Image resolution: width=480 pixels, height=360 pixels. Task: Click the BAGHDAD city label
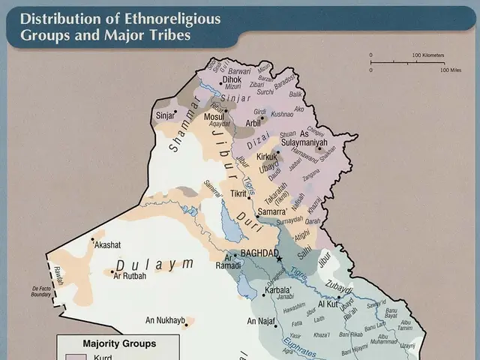tap(259, 253)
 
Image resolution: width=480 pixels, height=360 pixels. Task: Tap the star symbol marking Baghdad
tap(279, 259)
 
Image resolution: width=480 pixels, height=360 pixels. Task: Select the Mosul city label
tap(214, 117)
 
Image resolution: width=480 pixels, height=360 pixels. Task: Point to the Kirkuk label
tap(266, 157)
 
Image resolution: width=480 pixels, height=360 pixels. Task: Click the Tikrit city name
tap(238, 193)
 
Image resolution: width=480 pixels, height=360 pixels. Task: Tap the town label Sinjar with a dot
tap(164, 115)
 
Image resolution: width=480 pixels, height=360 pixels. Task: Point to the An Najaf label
tap(262, 321)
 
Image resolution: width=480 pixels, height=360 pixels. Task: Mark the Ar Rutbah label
tap(129, 275)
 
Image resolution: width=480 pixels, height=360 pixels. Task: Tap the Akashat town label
tap(106, 244)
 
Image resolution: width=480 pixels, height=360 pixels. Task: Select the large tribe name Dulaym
tap(153, 264)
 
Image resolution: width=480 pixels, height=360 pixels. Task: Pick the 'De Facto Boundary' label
tap(40, 291)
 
